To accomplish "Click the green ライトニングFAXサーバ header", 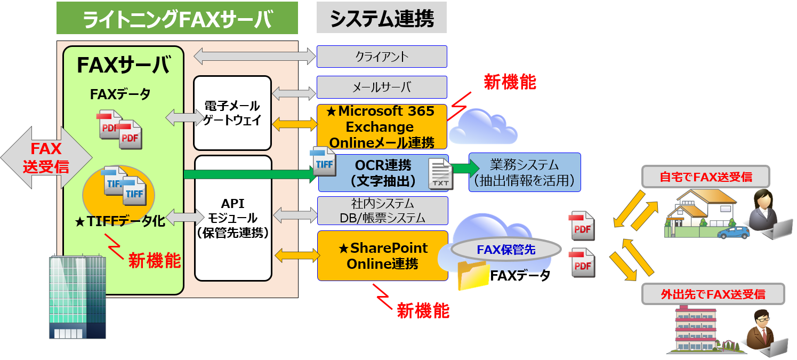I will tap(177, 18).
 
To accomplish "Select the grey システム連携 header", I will tap(381, 18).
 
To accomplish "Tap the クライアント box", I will tap(382, 56).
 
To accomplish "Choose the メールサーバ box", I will tap(382, 87).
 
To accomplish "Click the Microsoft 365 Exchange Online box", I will tap(382, 127).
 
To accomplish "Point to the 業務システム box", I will tap(525, 172).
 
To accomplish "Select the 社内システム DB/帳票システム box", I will tap(382, 210).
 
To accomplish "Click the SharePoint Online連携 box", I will tap(382, 255).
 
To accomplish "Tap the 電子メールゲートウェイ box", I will tap(232, 113).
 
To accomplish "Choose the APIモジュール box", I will tap(232, 218).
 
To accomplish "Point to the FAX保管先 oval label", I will tap(506, 249).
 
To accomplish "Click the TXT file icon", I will tap(441, 174).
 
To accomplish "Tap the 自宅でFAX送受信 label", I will tap(705, 177).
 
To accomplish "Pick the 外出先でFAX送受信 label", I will tap(713, 294).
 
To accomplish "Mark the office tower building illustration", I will tap(77, 296).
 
